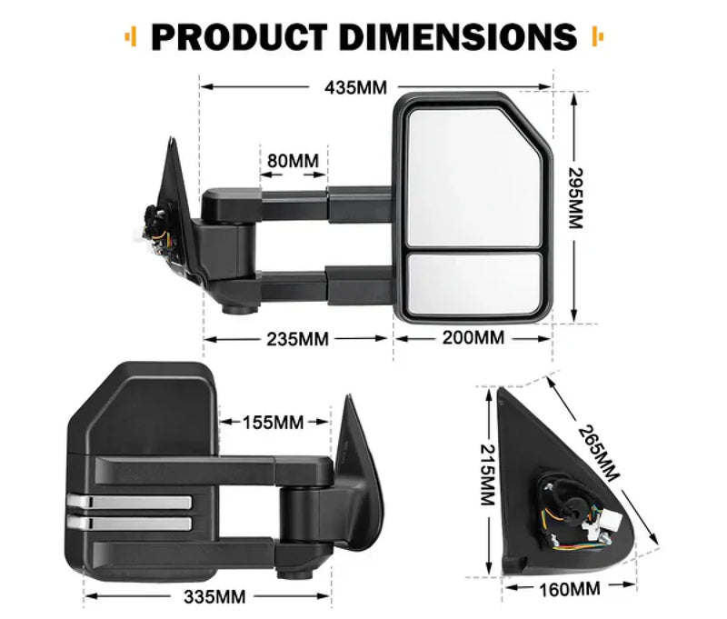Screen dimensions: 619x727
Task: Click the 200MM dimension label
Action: coord(473,338)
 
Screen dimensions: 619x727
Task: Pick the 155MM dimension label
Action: coord(274,422)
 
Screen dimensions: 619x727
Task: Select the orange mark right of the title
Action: coord(596,36)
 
